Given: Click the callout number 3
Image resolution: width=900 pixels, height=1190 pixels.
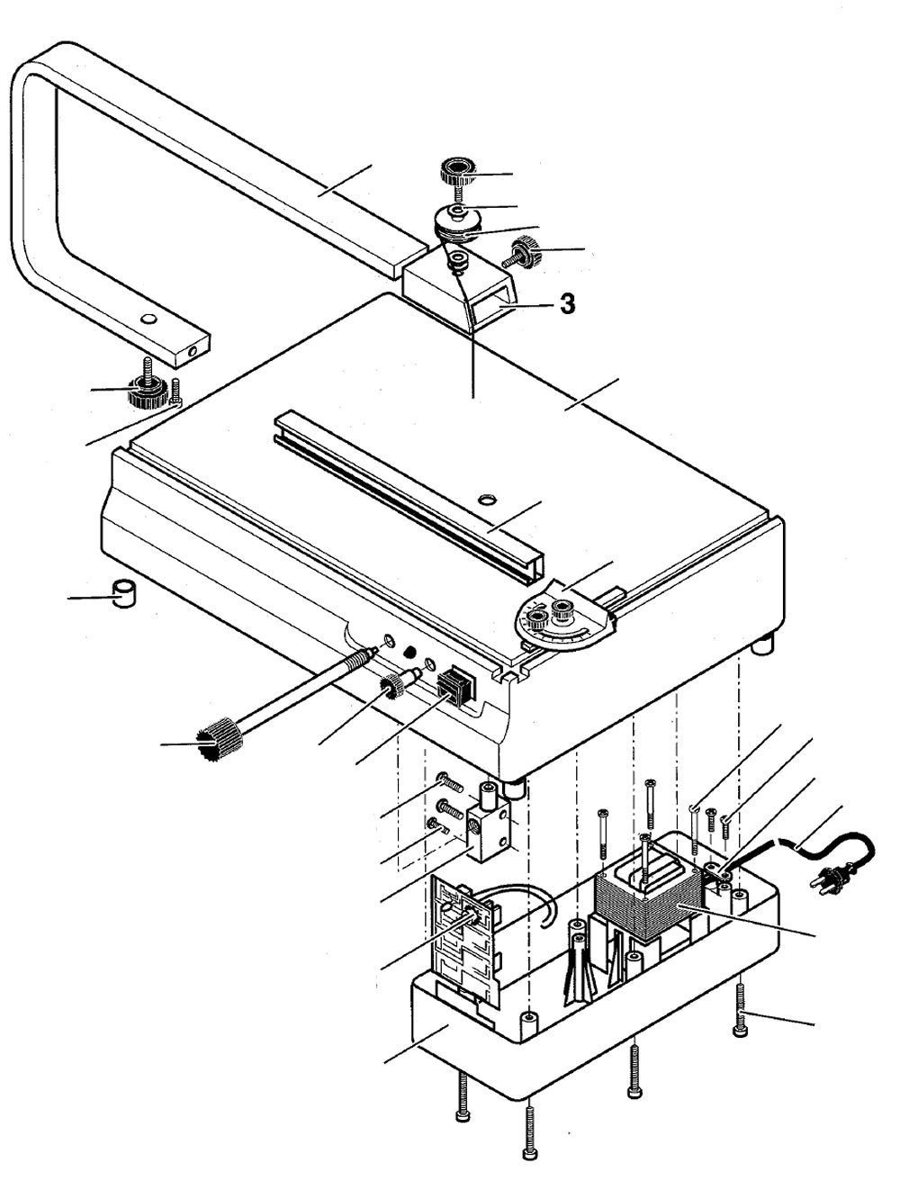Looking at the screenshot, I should (566, 304).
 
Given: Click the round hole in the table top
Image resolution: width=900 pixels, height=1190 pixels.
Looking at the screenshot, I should (487, 498).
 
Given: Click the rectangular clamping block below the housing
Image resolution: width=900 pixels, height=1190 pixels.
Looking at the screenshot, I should (485, 828).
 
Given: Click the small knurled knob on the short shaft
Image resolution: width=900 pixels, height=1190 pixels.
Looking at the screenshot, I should (391, 689).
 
